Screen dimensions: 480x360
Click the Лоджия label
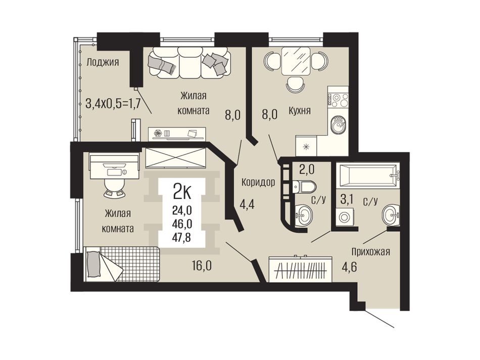[102, 63]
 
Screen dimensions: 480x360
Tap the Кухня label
[300, 111]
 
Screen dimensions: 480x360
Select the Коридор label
[258, 183]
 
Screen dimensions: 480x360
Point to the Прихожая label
[370, 252]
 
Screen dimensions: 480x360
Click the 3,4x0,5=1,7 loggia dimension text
[113, 104]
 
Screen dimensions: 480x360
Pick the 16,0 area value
[202, 266]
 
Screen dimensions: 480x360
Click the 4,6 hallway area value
[349, 266]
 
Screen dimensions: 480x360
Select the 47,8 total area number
[182, 237]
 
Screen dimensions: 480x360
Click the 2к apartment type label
[182, 191]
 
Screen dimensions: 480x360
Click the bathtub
[368, 176]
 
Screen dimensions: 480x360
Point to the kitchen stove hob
[338, 100]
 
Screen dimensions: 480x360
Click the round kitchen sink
[338, 124]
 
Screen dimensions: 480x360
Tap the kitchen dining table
[296, 61]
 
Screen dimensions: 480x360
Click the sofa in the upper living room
[190, 64]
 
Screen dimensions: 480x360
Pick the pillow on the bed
[94, 264]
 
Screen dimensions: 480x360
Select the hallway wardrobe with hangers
[300, 269]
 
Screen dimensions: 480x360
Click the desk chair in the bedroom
[115, 187]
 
